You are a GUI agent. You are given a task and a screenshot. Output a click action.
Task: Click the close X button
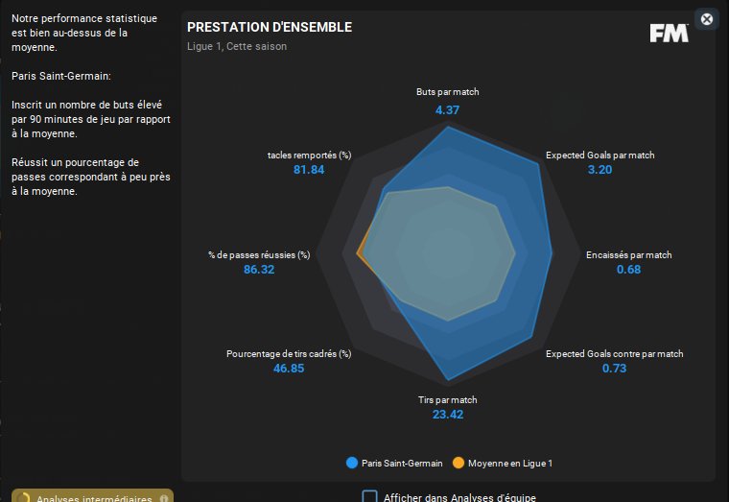707,19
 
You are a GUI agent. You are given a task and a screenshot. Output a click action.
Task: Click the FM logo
669,33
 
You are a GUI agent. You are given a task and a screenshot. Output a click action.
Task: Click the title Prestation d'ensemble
270,28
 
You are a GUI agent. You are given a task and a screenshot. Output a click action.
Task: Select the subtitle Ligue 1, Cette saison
237,46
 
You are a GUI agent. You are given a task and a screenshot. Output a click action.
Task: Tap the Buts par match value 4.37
447,109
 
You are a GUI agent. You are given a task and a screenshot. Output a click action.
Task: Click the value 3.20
600,170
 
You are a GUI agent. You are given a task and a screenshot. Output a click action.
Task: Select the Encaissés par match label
628,255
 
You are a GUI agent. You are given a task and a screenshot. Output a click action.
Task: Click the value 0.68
628,270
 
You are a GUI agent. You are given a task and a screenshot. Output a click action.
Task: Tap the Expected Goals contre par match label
614,354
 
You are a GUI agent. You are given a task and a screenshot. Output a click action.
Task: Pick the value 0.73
614,369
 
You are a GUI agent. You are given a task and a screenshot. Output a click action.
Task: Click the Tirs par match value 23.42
447,415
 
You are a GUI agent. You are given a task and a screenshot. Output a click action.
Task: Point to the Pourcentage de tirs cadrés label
289,354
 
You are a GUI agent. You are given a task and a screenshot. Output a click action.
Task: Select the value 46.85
289,369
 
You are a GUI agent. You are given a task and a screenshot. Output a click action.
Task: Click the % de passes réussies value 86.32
259,270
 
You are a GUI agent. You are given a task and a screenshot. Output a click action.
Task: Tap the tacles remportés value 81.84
309,170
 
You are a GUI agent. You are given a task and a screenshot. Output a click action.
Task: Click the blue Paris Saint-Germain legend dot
352,463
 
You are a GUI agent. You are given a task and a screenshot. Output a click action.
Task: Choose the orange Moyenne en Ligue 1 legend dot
458,463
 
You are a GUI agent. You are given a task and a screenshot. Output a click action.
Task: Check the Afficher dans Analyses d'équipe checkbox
369,497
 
